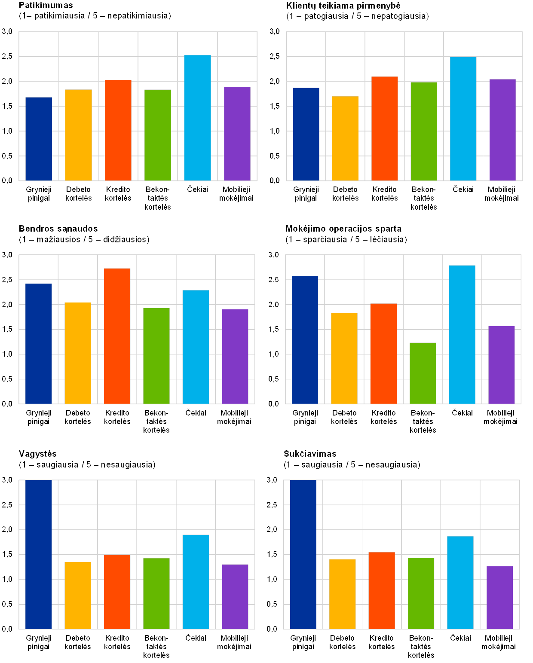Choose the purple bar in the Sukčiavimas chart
click(499, 598)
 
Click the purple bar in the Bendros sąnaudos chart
click(235, 357)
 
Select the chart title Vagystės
click(38, 454)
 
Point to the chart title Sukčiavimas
click(310, 454)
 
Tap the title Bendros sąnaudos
click(58, 229)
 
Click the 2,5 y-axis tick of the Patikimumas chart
click(8, 56)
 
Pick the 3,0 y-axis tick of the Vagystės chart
click(8, 480)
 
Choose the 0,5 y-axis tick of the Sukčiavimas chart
click(273, 604)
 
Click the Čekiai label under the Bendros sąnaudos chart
click(195, 413)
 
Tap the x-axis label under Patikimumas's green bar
click(158, 198)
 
